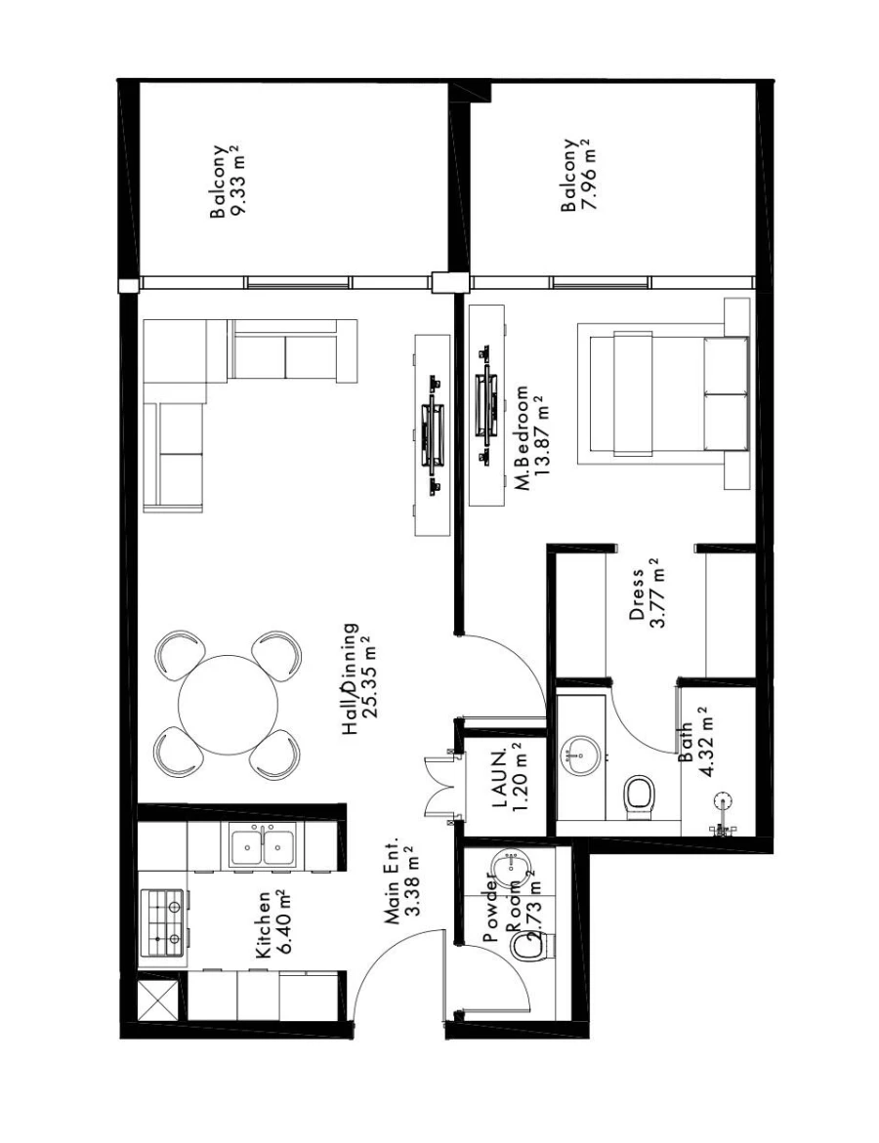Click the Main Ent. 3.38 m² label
pyautogui.click(x=401, y=881)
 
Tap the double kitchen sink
pyautogui.click(x=261, y=845)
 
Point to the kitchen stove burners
pyautogui.click(x=163, y=923)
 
